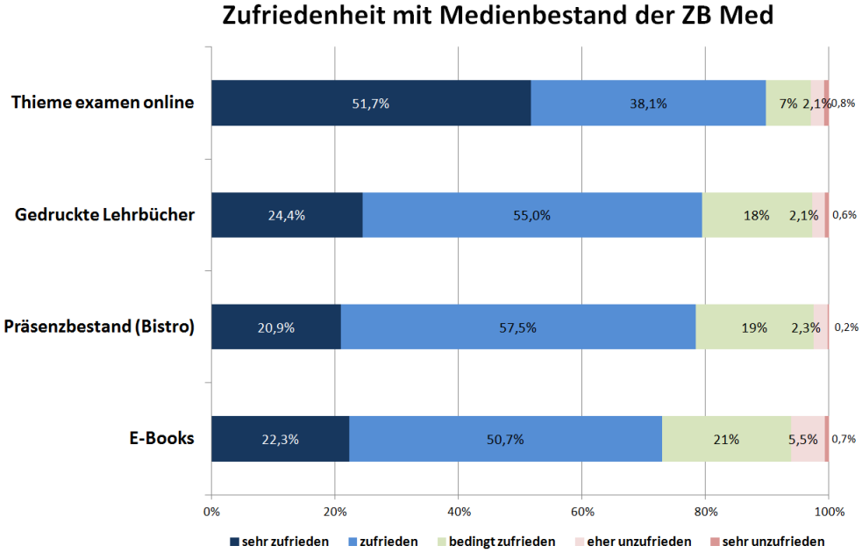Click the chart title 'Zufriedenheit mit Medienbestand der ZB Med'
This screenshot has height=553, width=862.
tap(498, 18)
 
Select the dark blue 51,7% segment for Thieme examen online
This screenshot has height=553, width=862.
tap(371, 103)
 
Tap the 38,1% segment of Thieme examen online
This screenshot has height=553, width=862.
tap(648, 103)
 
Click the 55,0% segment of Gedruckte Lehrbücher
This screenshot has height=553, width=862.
tap(531, 215)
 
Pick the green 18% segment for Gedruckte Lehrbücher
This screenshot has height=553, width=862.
tap(756, 215)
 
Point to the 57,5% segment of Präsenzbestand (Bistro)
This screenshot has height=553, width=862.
tap(517, 327)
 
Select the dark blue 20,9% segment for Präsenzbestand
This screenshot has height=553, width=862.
tap(275, 327)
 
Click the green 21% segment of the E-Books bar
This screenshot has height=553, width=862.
tap(726, 439)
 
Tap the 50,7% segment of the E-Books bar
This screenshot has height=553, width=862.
tap(505, 439)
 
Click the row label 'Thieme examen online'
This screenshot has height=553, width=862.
tap(103, 103)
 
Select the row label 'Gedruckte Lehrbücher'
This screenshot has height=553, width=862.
tap(105, 215)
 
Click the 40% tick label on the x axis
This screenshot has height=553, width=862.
tap(459, 511)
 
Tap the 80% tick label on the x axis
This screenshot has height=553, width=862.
tap(705, 511)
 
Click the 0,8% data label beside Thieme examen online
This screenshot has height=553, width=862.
tap(844, 103)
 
